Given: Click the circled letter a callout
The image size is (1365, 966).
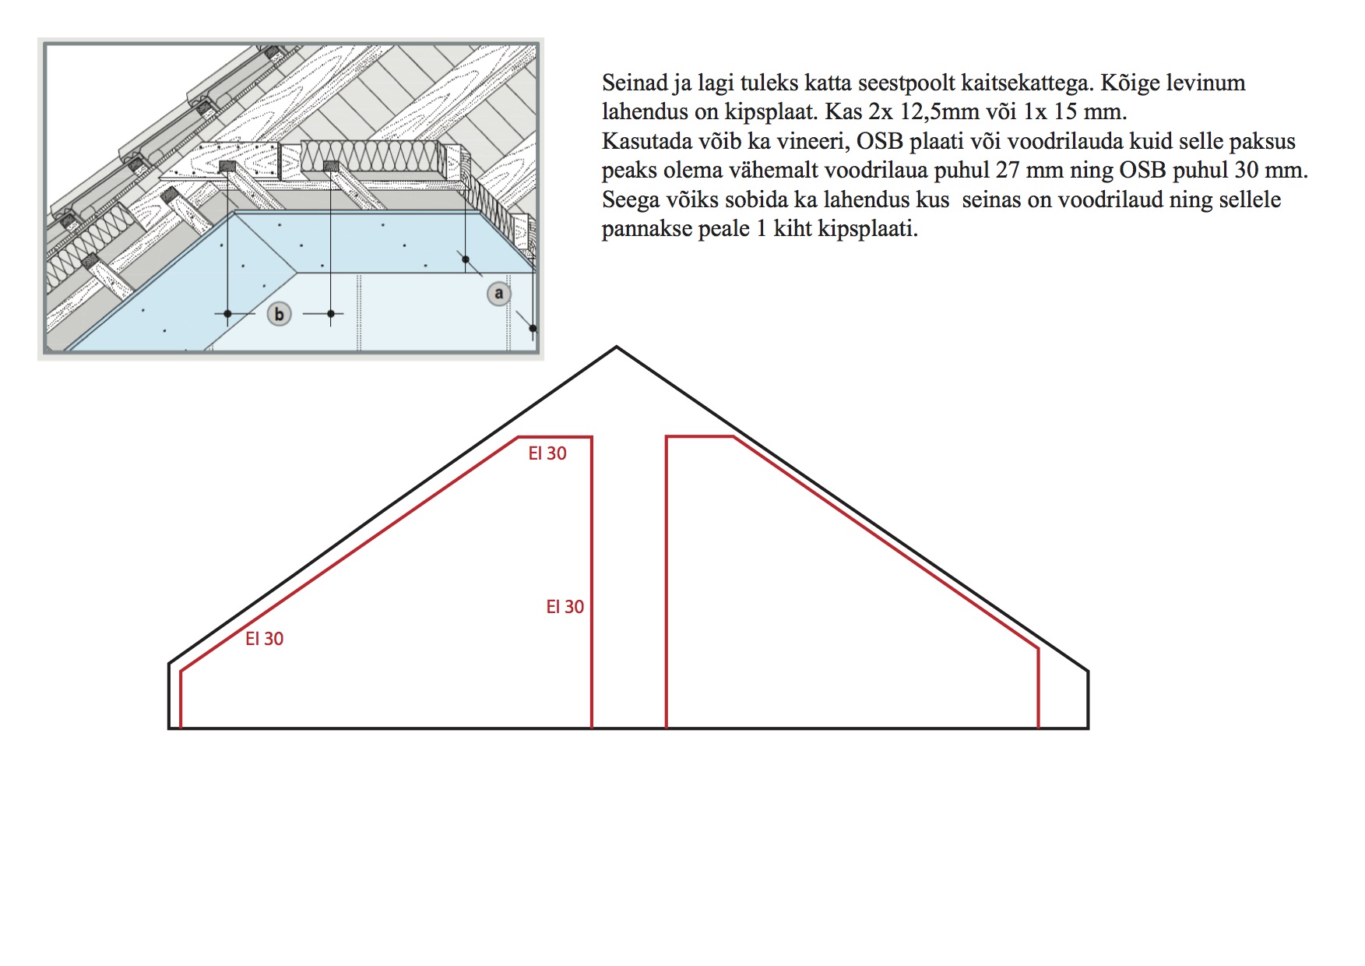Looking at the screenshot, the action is tap(499, 294).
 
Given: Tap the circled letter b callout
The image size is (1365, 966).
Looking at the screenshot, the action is tap(279, 314).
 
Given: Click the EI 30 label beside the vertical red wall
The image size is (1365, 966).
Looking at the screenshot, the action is tap(565, 607).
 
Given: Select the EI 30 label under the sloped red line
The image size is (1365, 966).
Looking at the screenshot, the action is tap(264, 639).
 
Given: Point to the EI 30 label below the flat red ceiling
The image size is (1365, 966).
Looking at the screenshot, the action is tap(547, 453).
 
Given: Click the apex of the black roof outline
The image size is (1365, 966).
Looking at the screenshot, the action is tap(617, 347).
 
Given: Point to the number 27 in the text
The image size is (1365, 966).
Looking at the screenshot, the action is tap(1008, 171).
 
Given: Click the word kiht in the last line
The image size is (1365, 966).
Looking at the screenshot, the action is tap(793, 229).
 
